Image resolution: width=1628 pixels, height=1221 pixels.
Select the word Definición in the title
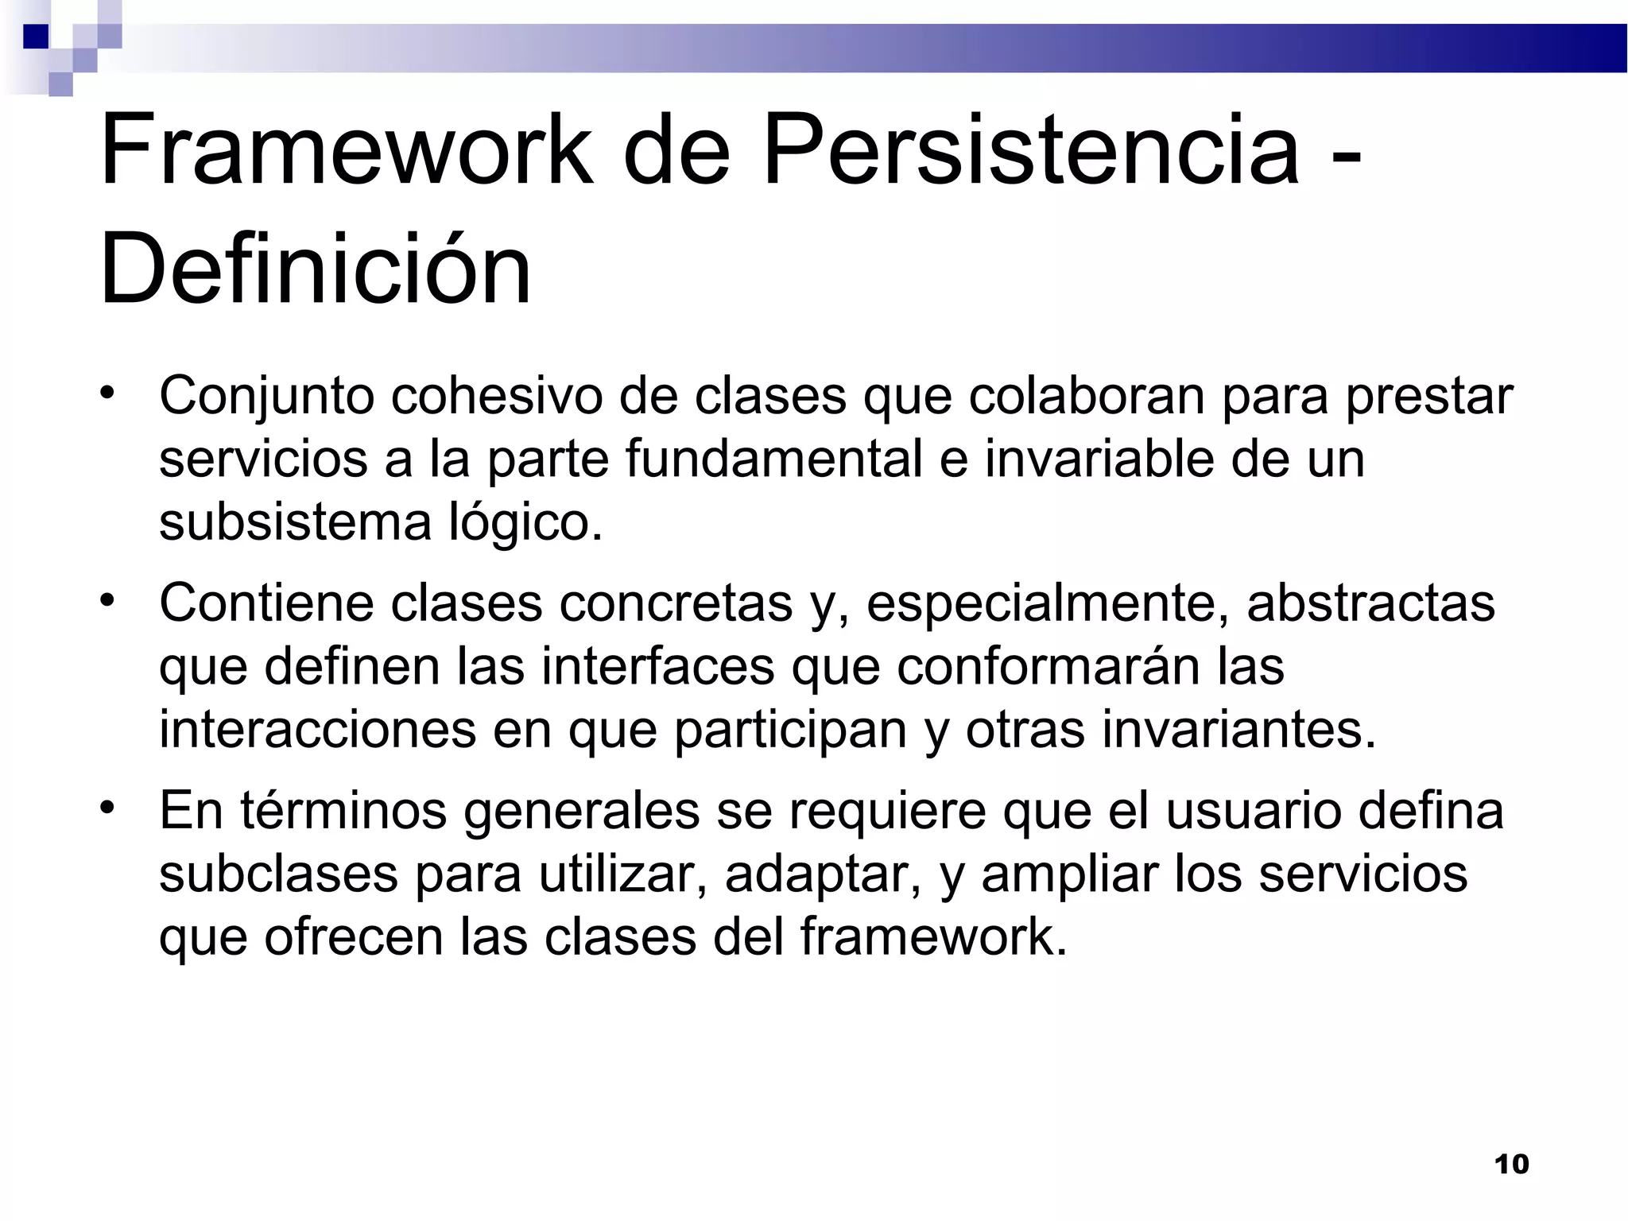[x=315, y=269]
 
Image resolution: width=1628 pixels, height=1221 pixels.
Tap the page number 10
[x=1511, y=1165]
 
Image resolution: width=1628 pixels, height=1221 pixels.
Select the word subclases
[x=278, y=874]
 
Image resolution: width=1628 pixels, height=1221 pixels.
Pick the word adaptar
[x=822, y=875]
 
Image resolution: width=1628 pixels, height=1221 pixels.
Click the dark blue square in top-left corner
[x=36, y=37]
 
